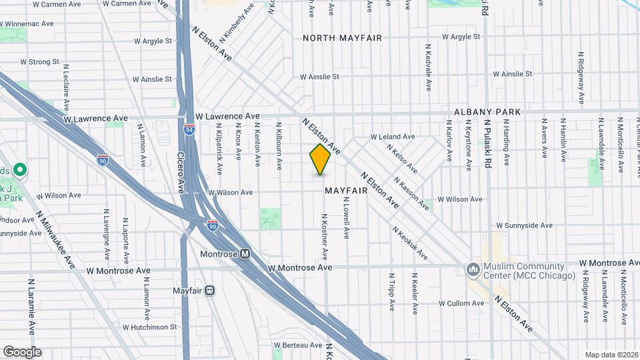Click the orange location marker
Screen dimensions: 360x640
click(x=320, y=159)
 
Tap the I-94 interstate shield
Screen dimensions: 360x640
click(x=190, y=129)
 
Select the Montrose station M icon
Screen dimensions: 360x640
click(x=245, y=254)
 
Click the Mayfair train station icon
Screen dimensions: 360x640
click(x=209, y=291)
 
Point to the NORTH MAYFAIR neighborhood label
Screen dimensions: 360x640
click(x=343, y=38)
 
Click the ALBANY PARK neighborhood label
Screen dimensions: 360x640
click(x=487, y=111)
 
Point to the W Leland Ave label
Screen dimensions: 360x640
click(x=393, y=137)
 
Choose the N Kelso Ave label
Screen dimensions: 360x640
click(x=402, y=161)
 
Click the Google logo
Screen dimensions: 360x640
click(x=21, y=352)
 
